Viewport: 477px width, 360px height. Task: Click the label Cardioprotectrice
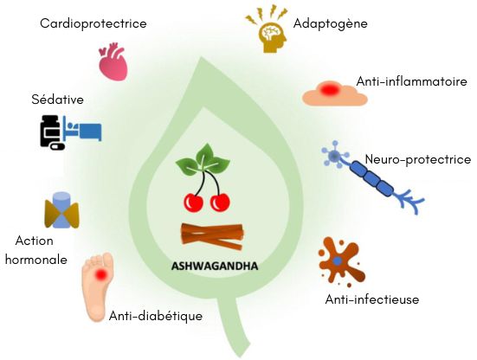coord(93,23)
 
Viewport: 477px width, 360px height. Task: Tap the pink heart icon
coord(113,61)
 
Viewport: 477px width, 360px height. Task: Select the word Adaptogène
coord(331,23)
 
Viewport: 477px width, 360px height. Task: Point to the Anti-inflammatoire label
coord(411,81)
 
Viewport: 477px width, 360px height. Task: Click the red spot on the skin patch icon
coord(330,89)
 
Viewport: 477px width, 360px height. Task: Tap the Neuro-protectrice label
coord(418,159)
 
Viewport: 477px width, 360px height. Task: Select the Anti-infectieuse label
coord(372,299)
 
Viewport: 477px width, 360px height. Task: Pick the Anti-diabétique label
coord(156,316)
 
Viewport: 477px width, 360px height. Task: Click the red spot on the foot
coord(101,274)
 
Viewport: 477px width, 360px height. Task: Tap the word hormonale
coord(36,260)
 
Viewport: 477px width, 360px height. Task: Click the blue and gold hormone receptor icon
coord(62,210)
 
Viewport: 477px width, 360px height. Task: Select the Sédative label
coord(57,100)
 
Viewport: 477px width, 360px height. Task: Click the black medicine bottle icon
coord(52,132)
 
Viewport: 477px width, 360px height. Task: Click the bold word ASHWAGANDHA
coord(215,267)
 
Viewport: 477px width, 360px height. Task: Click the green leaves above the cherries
coord(203,160)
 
